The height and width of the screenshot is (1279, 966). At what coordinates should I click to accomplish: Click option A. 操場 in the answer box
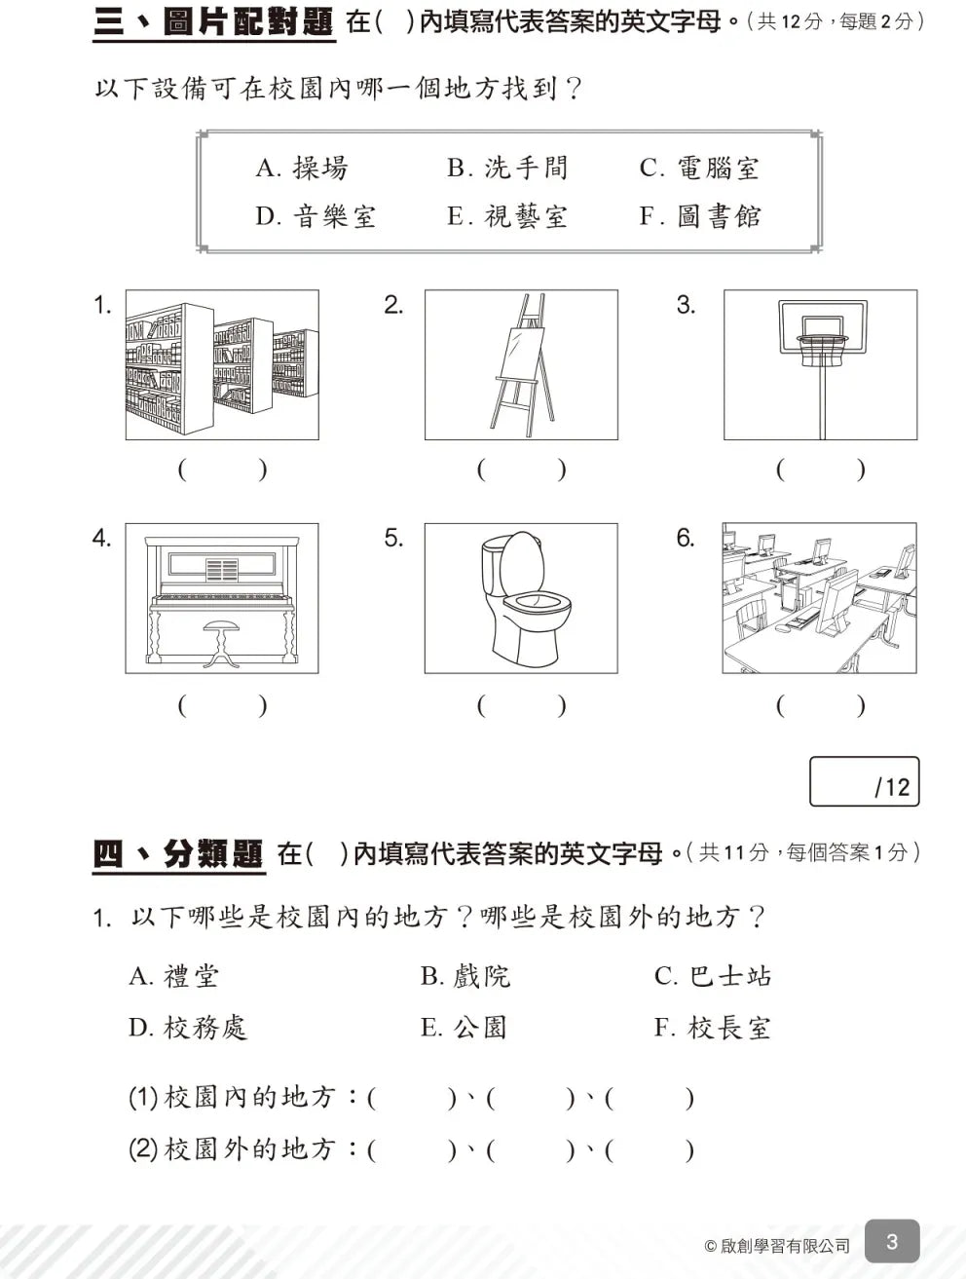point(301,169)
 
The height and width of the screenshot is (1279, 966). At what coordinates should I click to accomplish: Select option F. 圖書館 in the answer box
point(699,216)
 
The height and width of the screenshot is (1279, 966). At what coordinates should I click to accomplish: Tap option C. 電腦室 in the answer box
point(698,169)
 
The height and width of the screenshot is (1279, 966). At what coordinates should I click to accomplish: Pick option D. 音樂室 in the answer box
point(315,216)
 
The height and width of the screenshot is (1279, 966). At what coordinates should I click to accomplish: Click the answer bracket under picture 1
point(222,470)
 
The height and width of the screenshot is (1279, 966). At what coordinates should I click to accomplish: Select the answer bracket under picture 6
point(820,705)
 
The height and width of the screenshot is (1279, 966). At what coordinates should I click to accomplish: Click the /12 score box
point(864,782)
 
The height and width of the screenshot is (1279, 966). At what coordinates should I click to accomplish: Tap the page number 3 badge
point(891,1242)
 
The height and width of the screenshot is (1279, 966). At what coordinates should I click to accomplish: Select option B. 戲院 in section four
point(464,976)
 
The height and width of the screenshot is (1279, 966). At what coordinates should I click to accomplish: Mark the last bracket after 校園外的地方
point(650,1150)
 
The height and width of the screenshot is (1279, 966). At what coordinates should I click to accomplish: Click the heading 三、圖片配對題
point(213,22)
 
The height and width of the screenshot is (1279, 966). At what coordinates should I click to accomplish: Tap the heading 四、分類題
point(178,854)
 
